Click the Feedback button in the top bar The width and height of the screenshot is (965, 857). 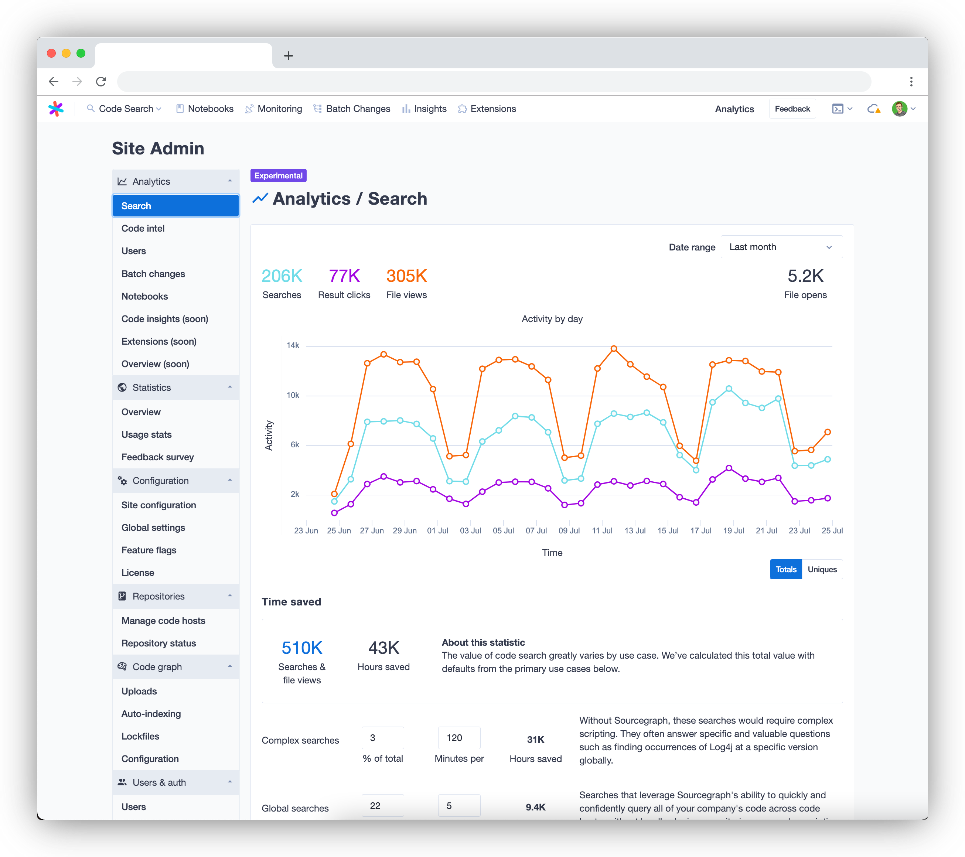[792, 109]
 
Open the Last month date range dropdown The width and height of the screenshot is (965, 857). [781, 247]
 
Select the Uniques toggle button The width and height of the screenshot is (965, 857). [822, 570]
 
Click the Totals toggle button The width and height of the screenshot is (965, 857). [785, 570]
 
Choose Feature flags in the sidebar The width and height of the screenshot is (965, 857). [149, 550]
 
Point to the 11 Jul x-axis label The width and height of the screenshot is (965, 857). [602, 531]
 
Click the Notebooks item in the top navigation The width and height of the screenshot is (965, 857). [205, 109]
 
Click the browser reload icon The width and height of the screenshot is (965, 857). [101, 82]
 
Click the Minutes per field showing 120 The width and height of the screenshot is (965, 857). [459, 738]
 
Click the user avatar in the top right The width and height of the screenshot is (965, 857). [899, 109]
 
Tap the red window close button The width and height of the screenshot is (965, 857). [51, 53]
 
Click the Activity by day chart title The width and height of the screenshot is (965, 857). [552, 319]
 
